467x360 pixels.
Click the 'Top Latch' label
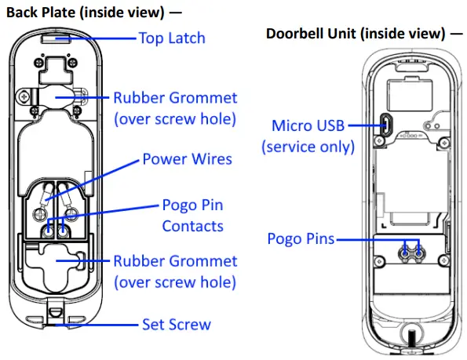click(172, 38)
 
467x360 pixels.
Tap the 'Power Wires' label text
click(187, 159)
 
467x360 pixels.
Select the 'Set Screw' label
click(177, 324)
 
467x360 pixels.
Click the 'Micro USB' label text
click(308, 125)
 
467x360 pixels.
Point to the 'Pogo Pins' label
click(301, 239)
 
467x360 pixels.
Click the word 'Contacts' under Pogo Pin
click(193, 226)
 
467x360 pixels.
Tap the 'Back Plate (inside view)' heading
click(86, 13)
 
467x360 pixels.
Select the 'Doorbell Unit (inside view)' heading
click(356, 33)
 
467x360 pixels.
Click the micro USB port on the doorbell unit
click(387, 125)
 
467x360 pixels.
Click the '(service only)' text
click(308, 147)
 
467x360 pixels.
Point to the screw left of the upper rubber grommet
click(24, 96)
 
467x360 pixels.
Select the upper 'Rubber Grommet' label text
click(175, 98)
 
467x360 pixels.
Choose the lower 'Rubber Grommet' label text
click(175, 261)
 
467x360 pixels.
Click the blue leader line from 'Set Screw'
click(96, 325)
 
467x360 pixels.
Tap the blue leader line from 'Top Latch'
click(96, 38)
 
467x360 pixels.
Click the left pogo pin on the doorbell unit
click(405, 254)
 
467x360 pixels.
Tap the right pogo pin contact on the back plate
click(63, 231)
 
